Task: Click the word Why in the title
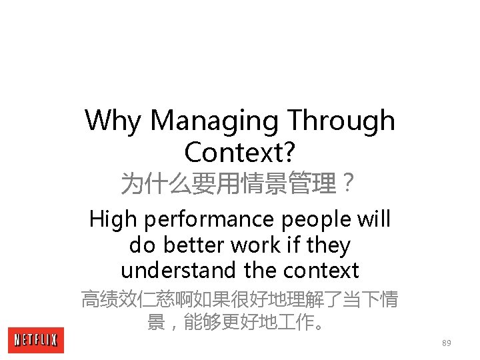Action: coord(114,121)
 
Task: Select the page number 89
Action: coord(446,343)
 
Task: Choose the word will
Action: coord(373,219)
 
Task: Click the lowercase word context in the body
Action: coord(321,271)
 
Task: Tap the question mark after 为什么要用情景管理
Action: coord(347,183)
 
